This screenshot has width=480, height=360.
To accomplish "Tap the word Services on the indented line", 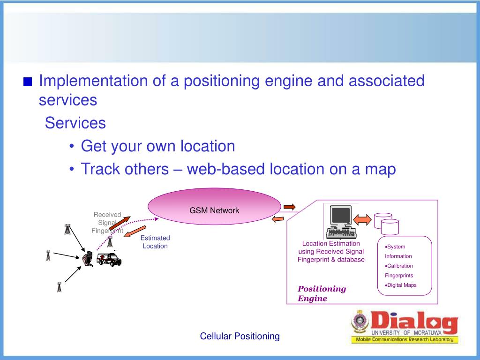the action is tap(75, 123).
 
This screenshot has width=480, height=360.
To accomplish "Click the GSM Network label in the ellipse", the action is tap(214, 210).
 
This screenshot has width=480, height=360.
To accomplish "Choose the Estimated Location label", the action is tap(155, 242).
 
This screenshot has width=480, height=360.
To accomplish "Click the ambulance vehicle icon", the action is tap(109, 259).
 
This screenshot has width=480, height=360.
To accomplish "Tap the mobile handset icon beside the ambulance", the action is tap(87, 258).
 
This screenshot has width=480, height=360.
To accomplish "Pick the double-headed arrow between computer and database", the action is tap(361, 219).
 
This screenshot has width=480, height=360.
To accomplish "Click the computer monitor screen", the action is tap(341, 216).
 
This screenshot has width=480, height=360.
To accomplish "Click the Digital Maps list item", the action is tap(401, 285).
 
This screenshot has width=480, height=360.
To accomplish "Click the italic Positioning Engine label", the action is tap(322, 293).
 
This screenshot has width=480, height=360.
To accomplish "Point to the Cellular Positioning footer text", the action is tap(240, 336).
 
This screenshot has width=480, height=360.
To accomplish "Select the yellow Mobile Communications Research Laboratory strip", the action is tap(405, 339).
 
